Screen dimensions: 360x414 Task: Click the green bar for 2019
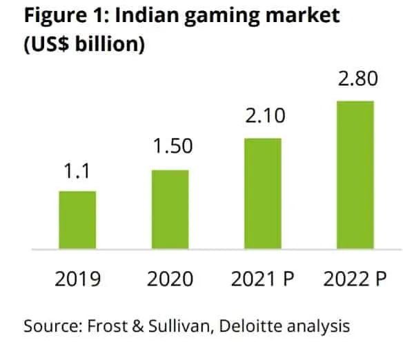[77, 219]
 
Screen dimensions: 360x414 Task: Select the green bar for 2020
[170, 209]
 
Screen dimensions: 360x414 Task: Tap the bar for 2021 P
[262, 193]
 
